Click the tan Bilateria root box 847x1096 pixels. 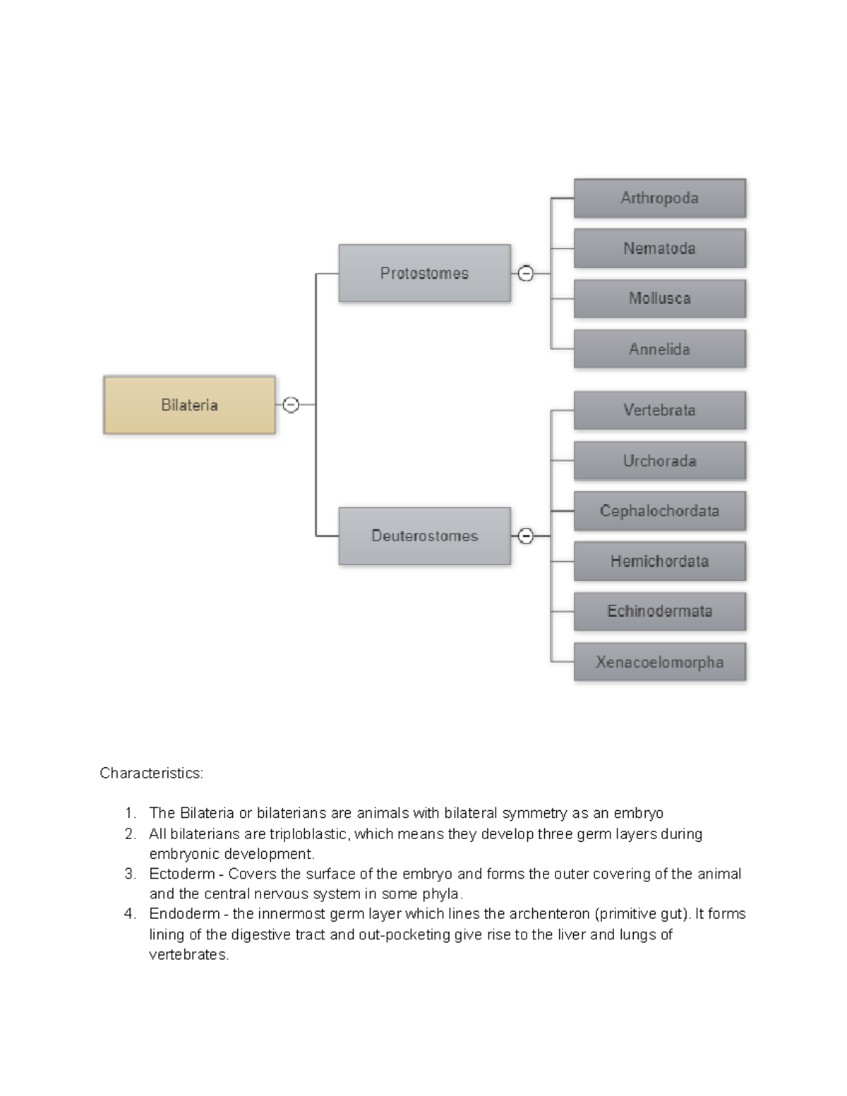pos(189,405)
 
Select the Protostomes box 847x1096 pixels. pos(424,273)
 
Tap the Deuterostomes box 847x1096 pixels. pos(424,536)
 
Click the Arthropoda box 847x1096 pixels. pos(659,198)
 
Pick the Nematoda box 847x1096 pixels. pos(659,248)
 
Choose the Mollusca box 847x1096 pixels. pos(659,299)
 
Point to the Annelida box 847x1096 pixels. pos(659,349)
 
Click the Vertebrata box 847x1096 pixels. pos(659,410)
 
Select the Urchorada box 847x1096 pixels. pos(659,461)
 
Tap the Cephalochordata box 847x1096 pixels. pos(659,511)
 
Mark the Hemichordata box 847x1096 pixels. pos(659,561)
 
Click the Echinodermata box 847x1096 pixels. pos(659,611)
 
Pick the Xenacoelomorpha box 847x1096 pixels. pos(659,662)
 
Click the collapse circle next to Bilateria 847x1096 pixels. pos(291,405)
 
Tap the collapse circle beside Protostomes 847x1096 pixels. pos(526,273)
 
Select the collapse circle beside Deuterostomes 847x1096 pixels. pos(526,536)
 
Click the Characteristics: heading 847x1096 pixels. pos(151,773)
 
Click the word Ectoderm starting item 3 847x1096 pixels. pos(181,874)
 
